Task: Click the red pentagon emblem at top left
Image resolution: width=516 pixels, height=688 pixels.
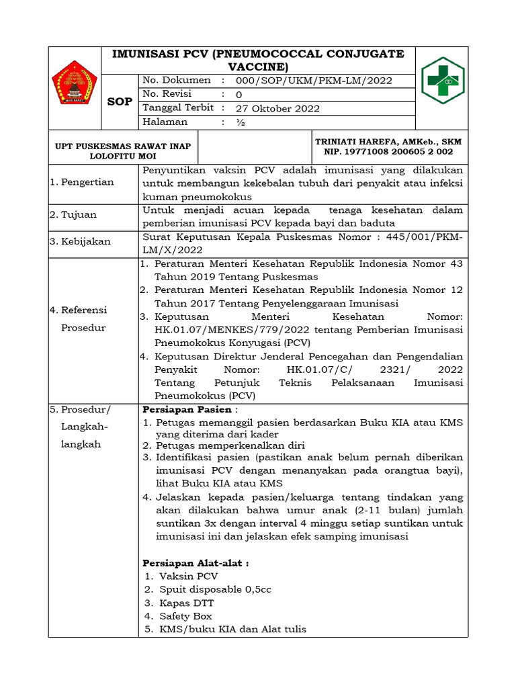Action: click(x=75, y=83)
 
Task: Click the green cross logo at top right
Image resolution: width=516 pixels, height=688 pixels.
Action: click(x=442, y=80)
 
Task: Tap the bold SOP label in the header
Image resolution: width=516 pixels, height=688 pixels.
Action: click(x=120, y=102)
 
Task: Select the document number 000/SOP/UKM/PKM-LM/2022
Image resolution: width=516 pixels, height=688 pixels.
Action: click(x=314, y=81)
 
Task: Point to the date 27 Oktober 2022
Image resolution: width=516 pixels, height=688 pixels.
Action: click(x=277, y=108)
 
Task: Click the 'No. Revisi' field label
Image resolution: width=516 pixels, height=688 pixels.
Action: click(x=167, y=94)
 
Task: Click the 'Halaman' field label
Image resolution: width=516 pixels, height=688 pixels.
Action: click(x=165, y=122)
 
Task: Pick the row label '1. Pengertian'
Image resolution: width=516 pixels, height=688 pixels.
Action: click(x=82, y=182)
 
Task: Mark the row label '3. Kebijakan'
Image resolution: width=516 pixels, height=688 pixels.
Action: click(x=80, y=241)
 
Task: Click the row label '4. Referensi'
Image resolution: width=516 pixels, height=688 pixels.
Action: click(x=79, y=310)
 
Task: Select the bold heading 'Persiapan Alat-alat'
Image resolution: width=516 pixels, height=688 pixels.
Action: click(x=196, y=562)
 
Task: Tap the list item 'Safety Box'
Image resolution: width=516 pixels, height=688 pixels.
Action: click(x=185, y=615)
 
